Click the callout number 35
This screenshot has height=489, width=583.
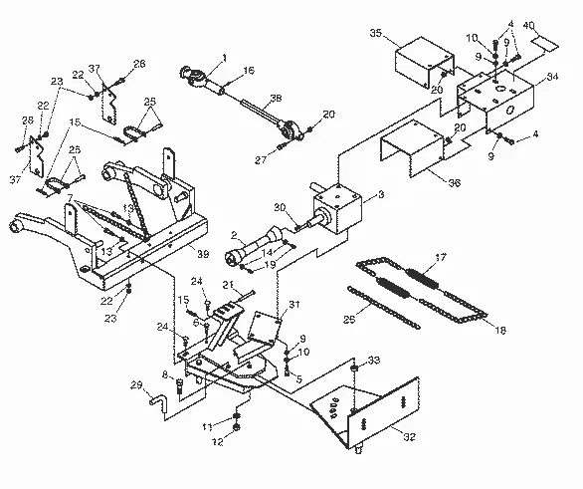point(376,33)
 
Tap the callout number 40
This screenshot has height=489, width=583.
point(528,26)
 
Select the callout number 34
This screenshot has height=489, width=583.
point(552,77)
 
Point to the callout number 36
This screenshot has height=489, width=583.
point(455,182)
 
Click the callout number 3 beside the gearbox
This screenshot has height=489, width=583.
point(381,194)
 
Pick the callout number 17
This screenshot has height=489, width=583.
point(441,257)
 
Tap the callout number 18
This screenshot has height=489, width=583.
point(500,330)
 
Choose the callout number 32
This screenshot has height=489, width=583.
point(409,437)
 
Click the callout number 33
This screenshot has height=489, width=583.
point(374,361)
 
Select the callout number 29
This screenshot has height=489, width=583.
point(136,384)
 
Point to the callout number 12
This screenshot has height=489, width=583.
point(218,442)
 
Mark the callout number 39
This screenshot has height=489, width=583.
point(203,254)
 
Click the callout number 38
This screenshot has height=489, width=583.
point(276,98)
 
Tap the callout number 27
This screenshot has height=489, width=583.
point(262,159)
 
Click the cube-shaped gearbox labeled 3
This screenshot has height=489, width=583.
point(337,209)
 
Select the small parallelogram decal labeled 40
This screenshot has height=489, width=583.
point(545,43)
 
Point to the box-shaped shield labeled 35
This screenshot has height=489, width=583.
point(424,62)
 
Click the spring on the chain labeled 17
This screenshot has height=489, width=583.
point(422,278)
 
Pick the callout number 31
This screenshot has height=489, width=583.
point(294,305)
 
